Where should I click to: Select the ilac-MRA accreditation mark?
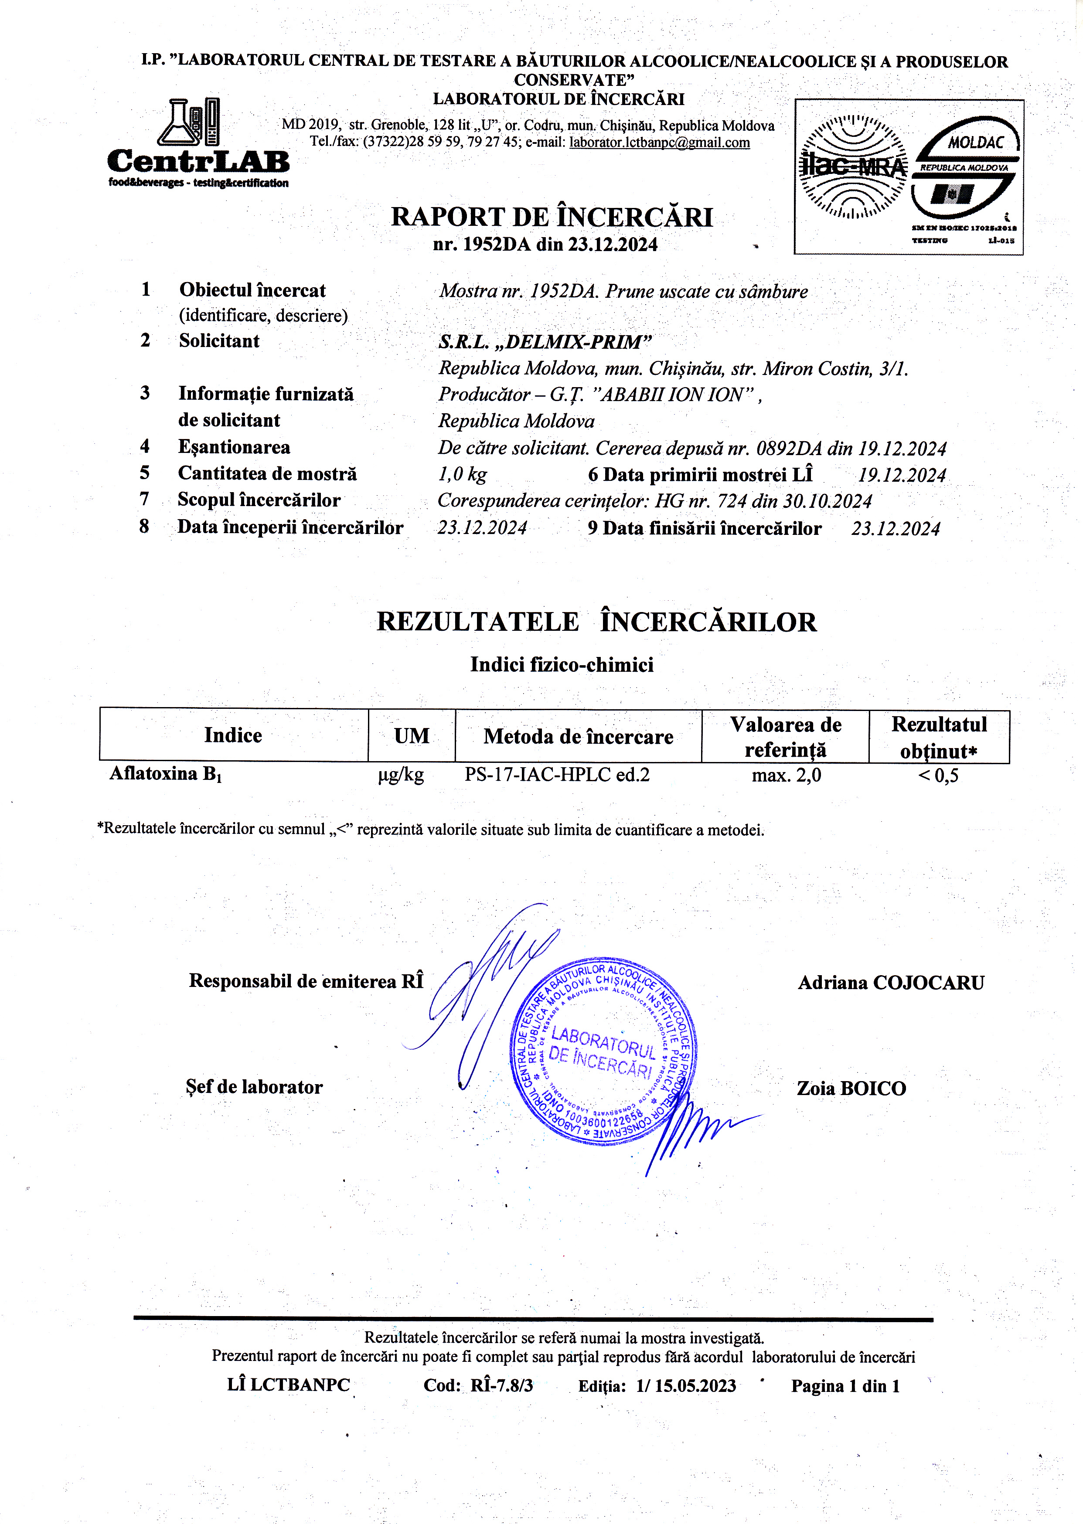853,167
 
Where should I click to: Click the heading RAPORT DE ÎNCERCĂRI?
552,217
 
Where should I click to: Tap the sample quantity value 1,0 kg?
462,474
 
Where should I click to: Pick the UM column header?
412,736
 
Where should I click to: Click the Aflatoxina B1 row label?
165,774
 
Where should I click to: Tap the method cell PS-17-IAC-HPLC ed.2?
557,775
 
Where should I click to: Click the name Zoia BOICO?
851,1089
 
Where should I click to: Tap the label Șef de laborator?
254,1087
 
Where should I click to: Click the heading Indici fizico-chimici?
562,665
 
